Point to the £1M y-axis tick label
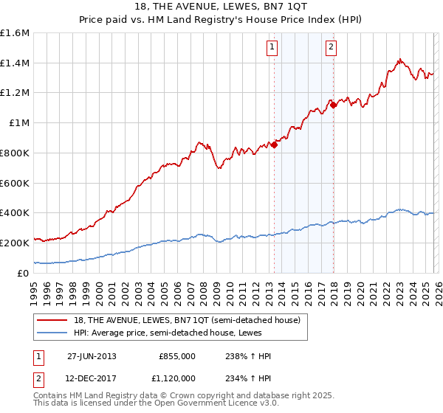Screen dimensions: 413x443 (x=18, y=123)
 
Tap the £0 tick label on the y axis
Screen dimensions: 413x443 (x=24, y=273)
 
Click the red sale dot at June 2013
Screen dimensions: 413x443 (x=275, y=145)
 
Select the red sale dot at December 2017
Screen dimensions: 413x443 (x=333, y=105)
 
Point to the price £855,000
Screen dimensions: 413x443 (x=177, y=356)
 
